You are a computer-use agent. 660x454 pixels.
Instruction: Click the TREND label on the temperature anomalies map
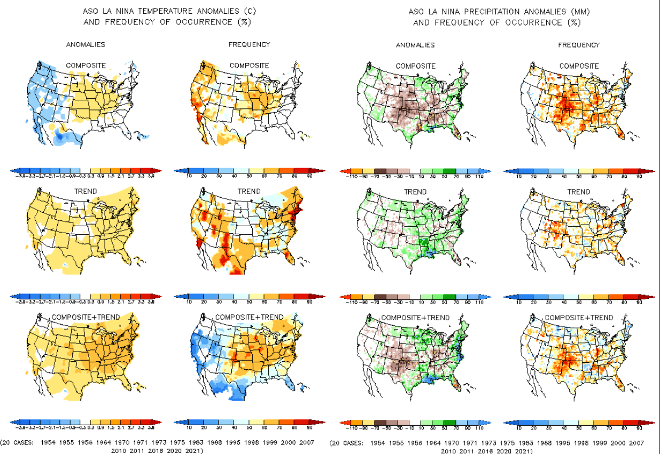[x=86, y=192]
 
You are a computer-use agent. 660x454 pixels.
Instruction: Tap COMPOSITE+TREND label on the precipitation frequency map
[x=579, y=317]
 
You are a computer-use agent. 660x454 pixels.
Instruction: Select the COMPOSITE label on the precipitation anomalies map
[x=415, y=66]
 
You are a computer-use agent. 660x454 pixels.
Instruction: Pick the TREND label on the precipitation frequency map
[x=579, y=192]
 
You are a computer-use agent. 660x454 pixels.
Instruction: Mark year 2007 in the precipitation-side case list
[x=635, y=443]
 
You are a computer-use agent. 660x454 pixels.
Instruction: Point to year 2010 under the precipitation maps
[x=450, y=451]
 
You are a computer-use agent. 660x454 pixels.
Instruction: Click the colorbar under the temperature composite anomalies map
[x=86, y=171]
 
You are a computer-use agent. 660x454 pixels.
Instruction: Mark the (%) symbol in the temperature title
[x=244, y=22]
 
